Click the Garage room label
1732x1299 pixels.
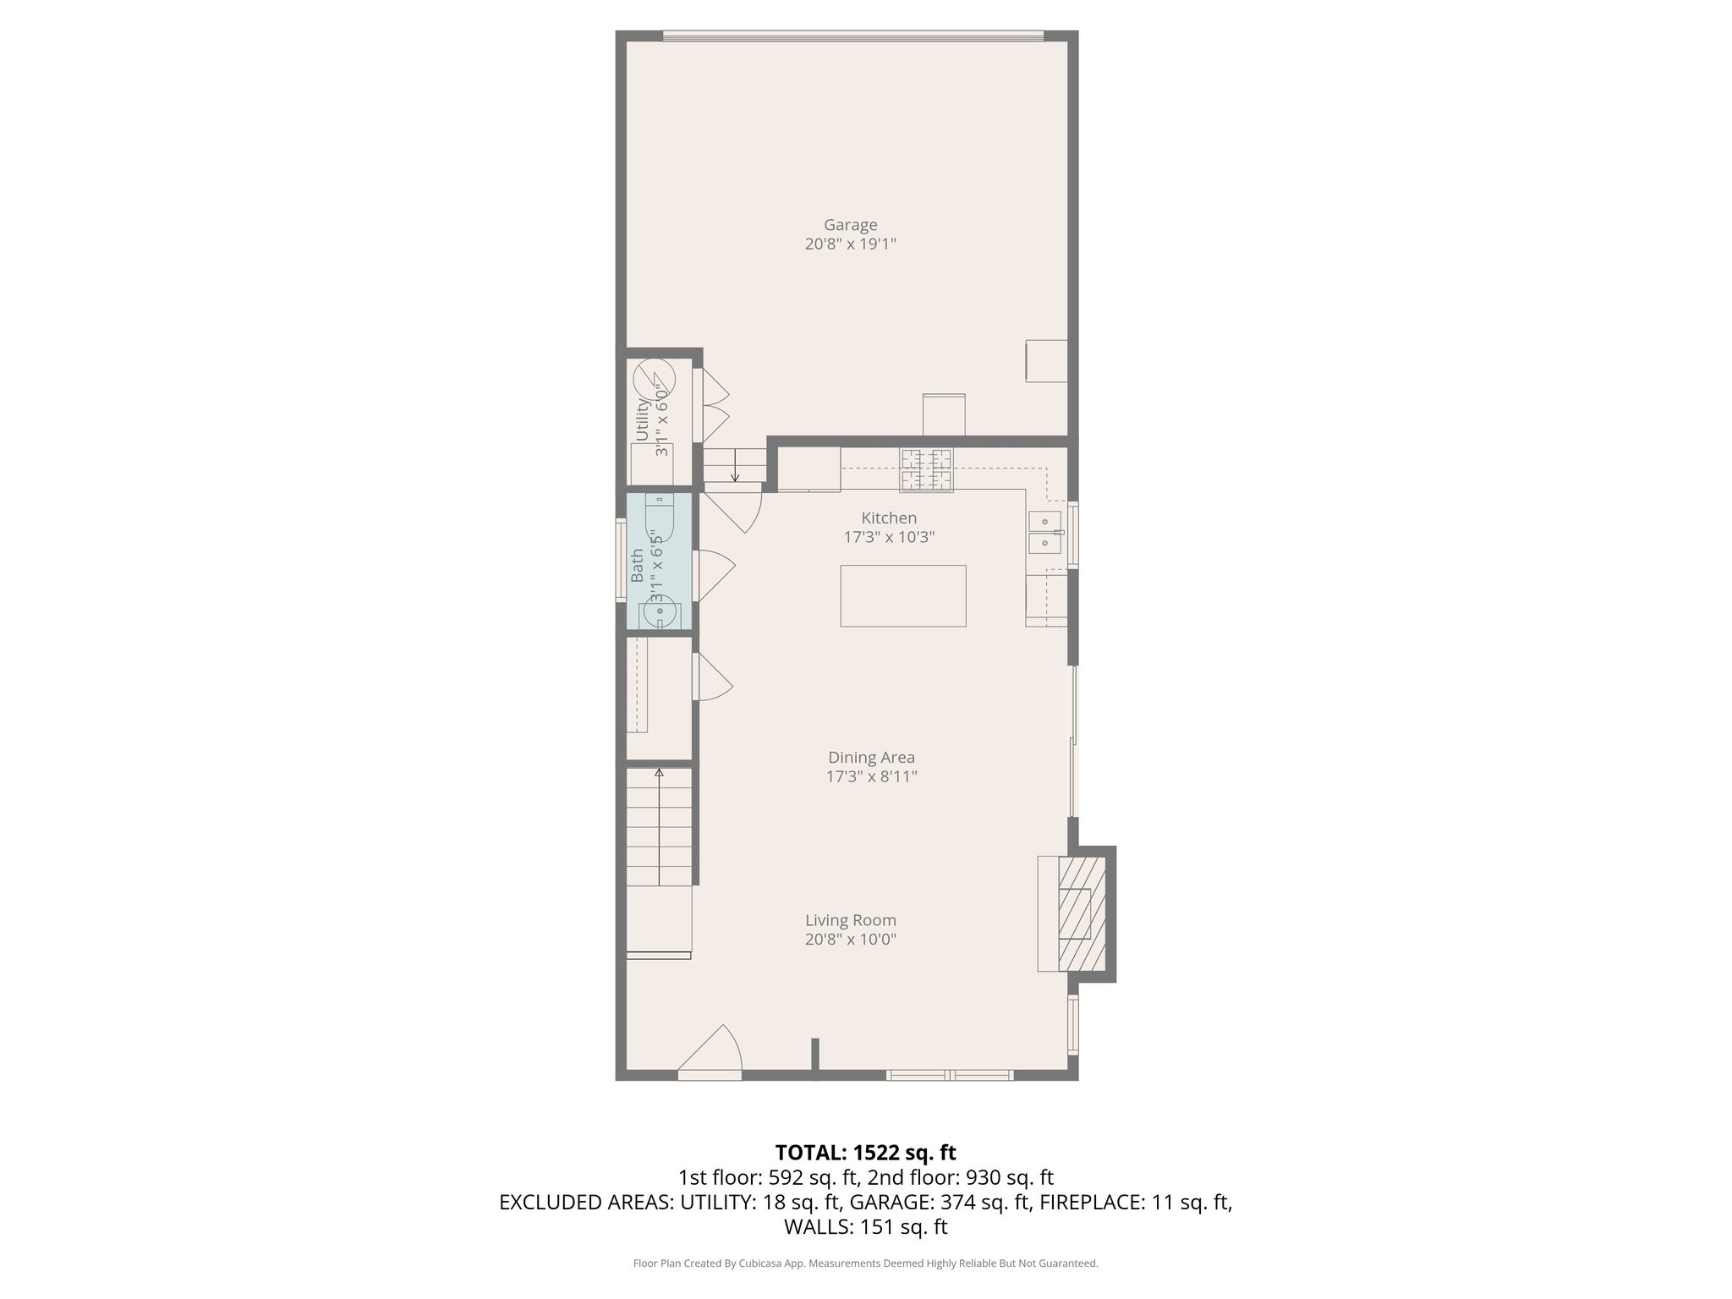(x=850, y=225)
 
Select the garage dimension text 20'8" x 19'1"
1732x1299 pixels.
(x=850, y=244)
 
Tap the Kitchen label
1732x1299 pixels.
(x=889, y=518)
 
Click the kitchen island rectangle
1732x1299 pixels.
(x=902, y=595)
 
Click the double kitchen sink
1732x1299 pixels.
(x=1044, y=532)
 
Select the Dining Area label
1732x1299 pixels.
(x=871, y=758)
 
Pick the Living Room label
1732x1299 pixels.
(x=850, y=920)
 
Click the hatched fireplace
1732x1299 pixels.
(x=1082, y=914)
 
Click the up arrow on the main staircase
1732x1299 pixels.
(x=659, y=775)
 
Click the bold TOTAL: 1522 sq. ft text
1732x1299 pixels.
(x=865, y=1153)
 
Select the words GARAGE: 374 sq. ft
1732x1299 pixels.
(x=939, y=1203)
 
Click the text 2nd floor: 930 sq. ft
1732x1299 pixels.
(x=960, y=1177)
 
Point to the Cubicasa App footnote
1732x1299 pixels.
(x=865, y=1263)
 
